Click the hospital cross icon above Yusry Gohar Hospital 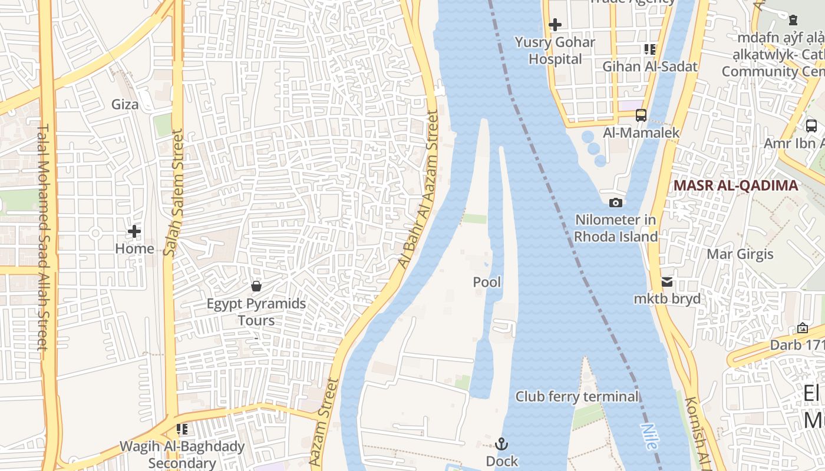click(555, 25)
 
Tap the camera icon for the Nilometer click(616, 203)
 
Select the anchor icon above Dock click(502, 444)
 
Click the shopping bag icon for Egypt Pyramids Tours click(256, 287)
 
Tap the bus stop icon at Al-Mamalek click(641, 115)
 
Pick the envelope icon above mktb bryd click(667, 282)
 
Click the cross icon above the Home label click(134, 231)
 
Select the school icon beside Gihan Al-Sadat click(650, 49)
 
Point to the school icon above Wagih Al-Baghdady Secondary click(182, 429)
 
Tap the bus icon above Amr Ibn click(811, 125)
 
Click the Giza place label click(126, 105)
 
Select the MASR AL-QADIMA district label click(735, 185)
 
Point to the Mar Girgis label click(740, 254)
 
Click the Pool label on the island click(487, 283)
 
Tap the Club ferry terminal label click(577, 397)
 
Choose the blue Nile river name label click(649, 437)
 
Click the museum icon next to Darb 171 click(803, 328)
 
